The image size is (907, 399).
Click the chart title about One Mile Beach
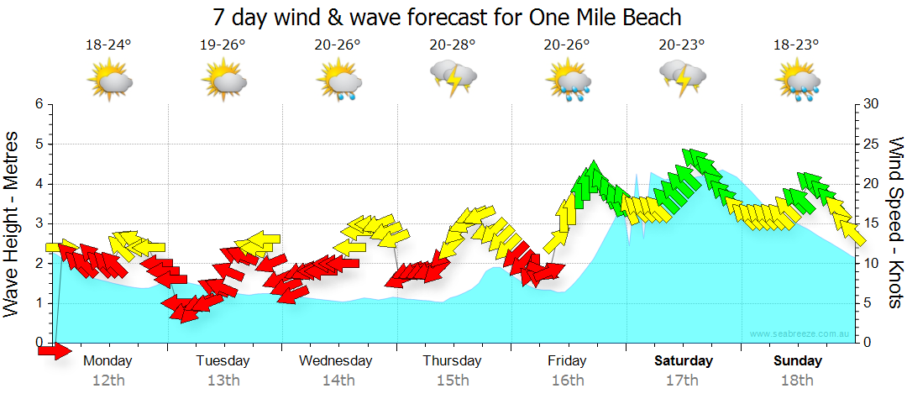tap(446, 17)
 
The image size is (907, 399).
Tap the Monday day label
tap(108, 361)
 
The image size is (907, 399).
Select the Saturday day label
tap(683, 361)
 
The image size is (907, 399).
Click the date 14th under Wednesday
tap(338, 381)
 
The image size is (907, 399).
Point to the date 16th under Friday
tap(568, 381)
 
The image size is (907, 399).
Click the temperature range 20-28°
tap(453, 45)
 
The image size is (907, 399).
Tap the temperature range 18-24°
tap(108, 45)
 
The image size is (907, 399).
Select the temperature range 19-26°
tap(223, 45)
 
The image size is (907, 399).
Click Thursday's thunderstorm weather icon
tap(453, 79)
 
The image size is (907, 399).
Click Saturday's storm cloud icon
tap(682, 79)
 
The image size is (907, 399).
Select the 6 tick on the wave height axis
tap(39, 104)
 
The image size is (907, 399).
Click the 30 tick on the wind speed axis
tap(871, 104)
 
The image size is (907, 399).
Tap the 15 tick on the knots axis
tap(871, 223)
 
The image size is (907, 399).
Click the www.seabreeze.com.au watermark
tap(800, 334)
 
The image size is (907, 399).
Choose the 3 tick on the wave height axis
tap(39, 223)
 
